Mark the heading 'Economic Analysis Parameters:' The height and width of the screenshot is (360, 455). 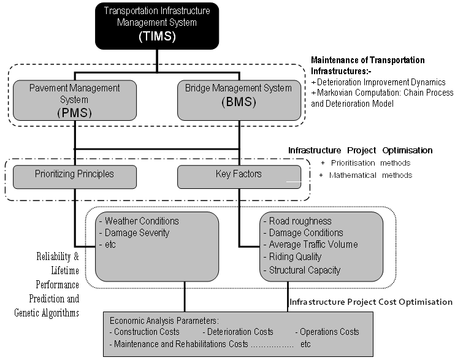pos(164,320)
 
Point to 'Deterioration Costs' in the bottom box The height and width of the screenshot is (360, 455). pos(239,332)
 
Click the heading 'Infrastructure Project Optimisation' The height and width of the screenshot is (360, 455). pos(361,151)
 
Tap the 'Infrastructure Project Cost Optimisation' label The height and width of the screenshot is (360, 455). pos(371,302)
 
